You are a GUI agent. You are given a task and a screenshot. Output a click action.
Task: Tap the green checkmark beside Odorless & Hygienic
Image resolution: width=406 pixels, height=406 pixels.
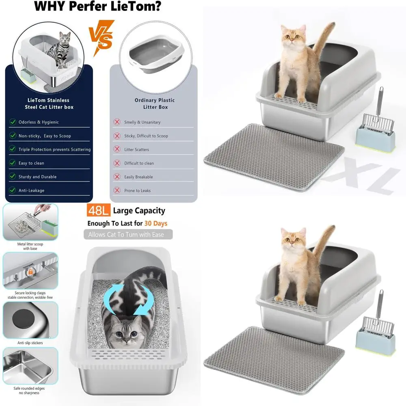coord(13,122)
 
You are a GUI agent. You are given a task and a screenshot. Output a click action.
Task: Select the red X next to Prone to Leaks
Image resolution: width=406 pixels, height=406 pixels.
coord(117,190)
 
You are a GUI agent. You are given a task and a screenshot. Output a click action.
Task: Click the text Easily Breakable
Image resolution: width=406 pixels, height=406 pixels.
coord(138,177)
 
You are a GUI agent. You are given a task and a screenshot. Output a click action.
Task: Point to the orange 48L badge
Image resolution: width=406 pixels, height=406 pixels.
coord(98,210)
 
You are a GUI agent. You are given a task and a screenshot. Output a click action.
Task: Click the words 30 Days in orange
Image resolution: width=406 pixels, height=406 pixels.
coord(155,223)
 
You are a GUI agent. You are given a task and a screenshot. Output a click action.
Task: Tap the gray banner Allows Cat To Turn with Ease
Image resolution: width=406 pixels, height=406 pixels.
coord(128,234)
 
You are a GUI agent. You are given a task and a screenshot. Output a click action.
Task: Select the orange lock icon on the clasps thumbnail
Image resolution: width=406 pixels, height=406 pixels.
coord(30,272)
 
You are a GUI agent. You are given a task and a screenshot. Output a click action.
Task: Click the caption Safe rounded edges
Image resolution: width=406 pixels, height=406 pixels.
coord(29,389)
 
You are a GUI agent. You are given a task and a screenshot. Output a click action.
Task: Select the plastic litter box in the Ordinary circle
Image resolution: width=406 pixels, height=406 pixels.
coord(156,54)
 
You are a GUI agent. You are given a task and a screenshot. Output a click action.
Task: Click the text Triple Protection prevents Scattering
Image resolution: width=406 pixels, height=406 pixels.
coord(55,149)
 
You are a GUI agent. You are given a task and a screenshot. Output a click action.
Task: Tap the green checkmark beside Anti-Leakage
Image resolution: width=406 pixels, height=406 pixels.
coord(13,190)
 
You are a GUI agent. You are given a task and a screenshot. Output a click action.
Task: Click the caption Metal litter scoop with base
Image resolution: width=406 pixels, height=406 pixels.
coord(30,246)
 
